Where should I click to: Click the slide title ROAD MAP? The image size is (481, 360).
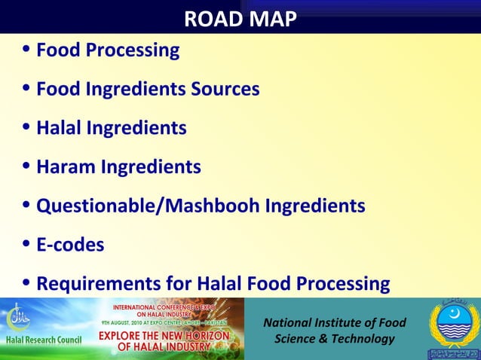[240, 18]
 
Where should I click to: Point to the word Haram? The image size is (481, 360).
[63, 166]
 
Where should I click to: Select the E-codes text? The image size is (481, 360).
[70, 245]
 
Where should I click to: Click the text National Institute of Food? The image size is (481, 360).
[334, 323]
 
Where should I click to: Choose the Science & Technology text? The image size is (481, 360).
[334, 339]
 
